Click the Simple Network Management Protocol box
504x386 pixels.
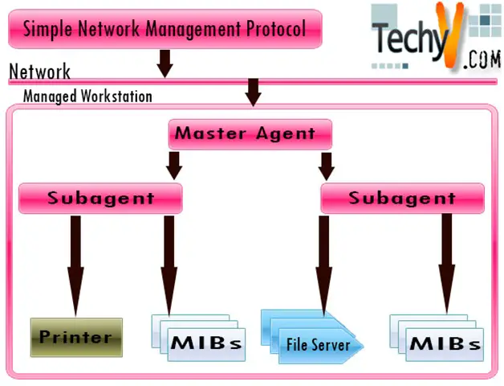coord(165,29)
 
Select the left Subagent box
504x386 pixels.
coord(100,198)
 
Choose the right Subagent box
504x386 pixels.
coord(402,198)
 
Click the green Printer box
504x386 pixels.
coord(76,337)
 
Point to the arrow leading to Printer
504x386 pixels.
coord(76,265)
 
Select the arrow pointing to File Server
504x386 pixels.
coord(323,265)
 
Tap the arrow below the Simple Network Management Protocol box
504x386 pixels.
coord(165,62)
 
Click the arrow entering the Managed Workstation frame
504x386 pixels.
coord(254,92)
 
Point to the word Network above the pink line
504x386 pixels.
coord(39,72)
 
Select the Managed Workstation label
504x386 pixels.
coord(87,96)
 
